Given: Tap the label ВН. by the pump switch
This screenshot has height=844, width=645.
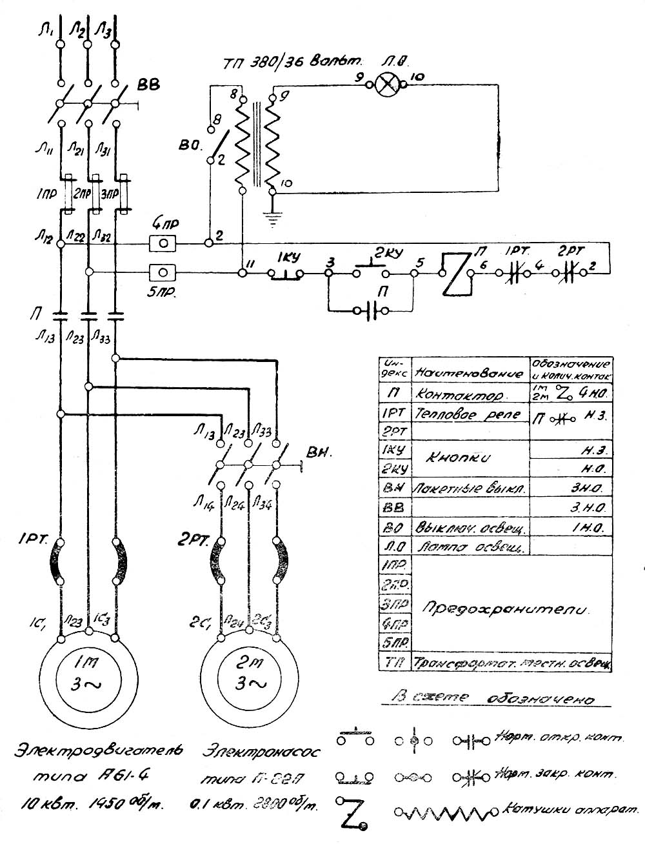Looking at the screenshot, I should pos(318,452).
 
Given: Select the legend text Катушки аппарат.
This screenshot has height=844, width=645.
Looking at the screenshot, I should pos(568,810).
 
